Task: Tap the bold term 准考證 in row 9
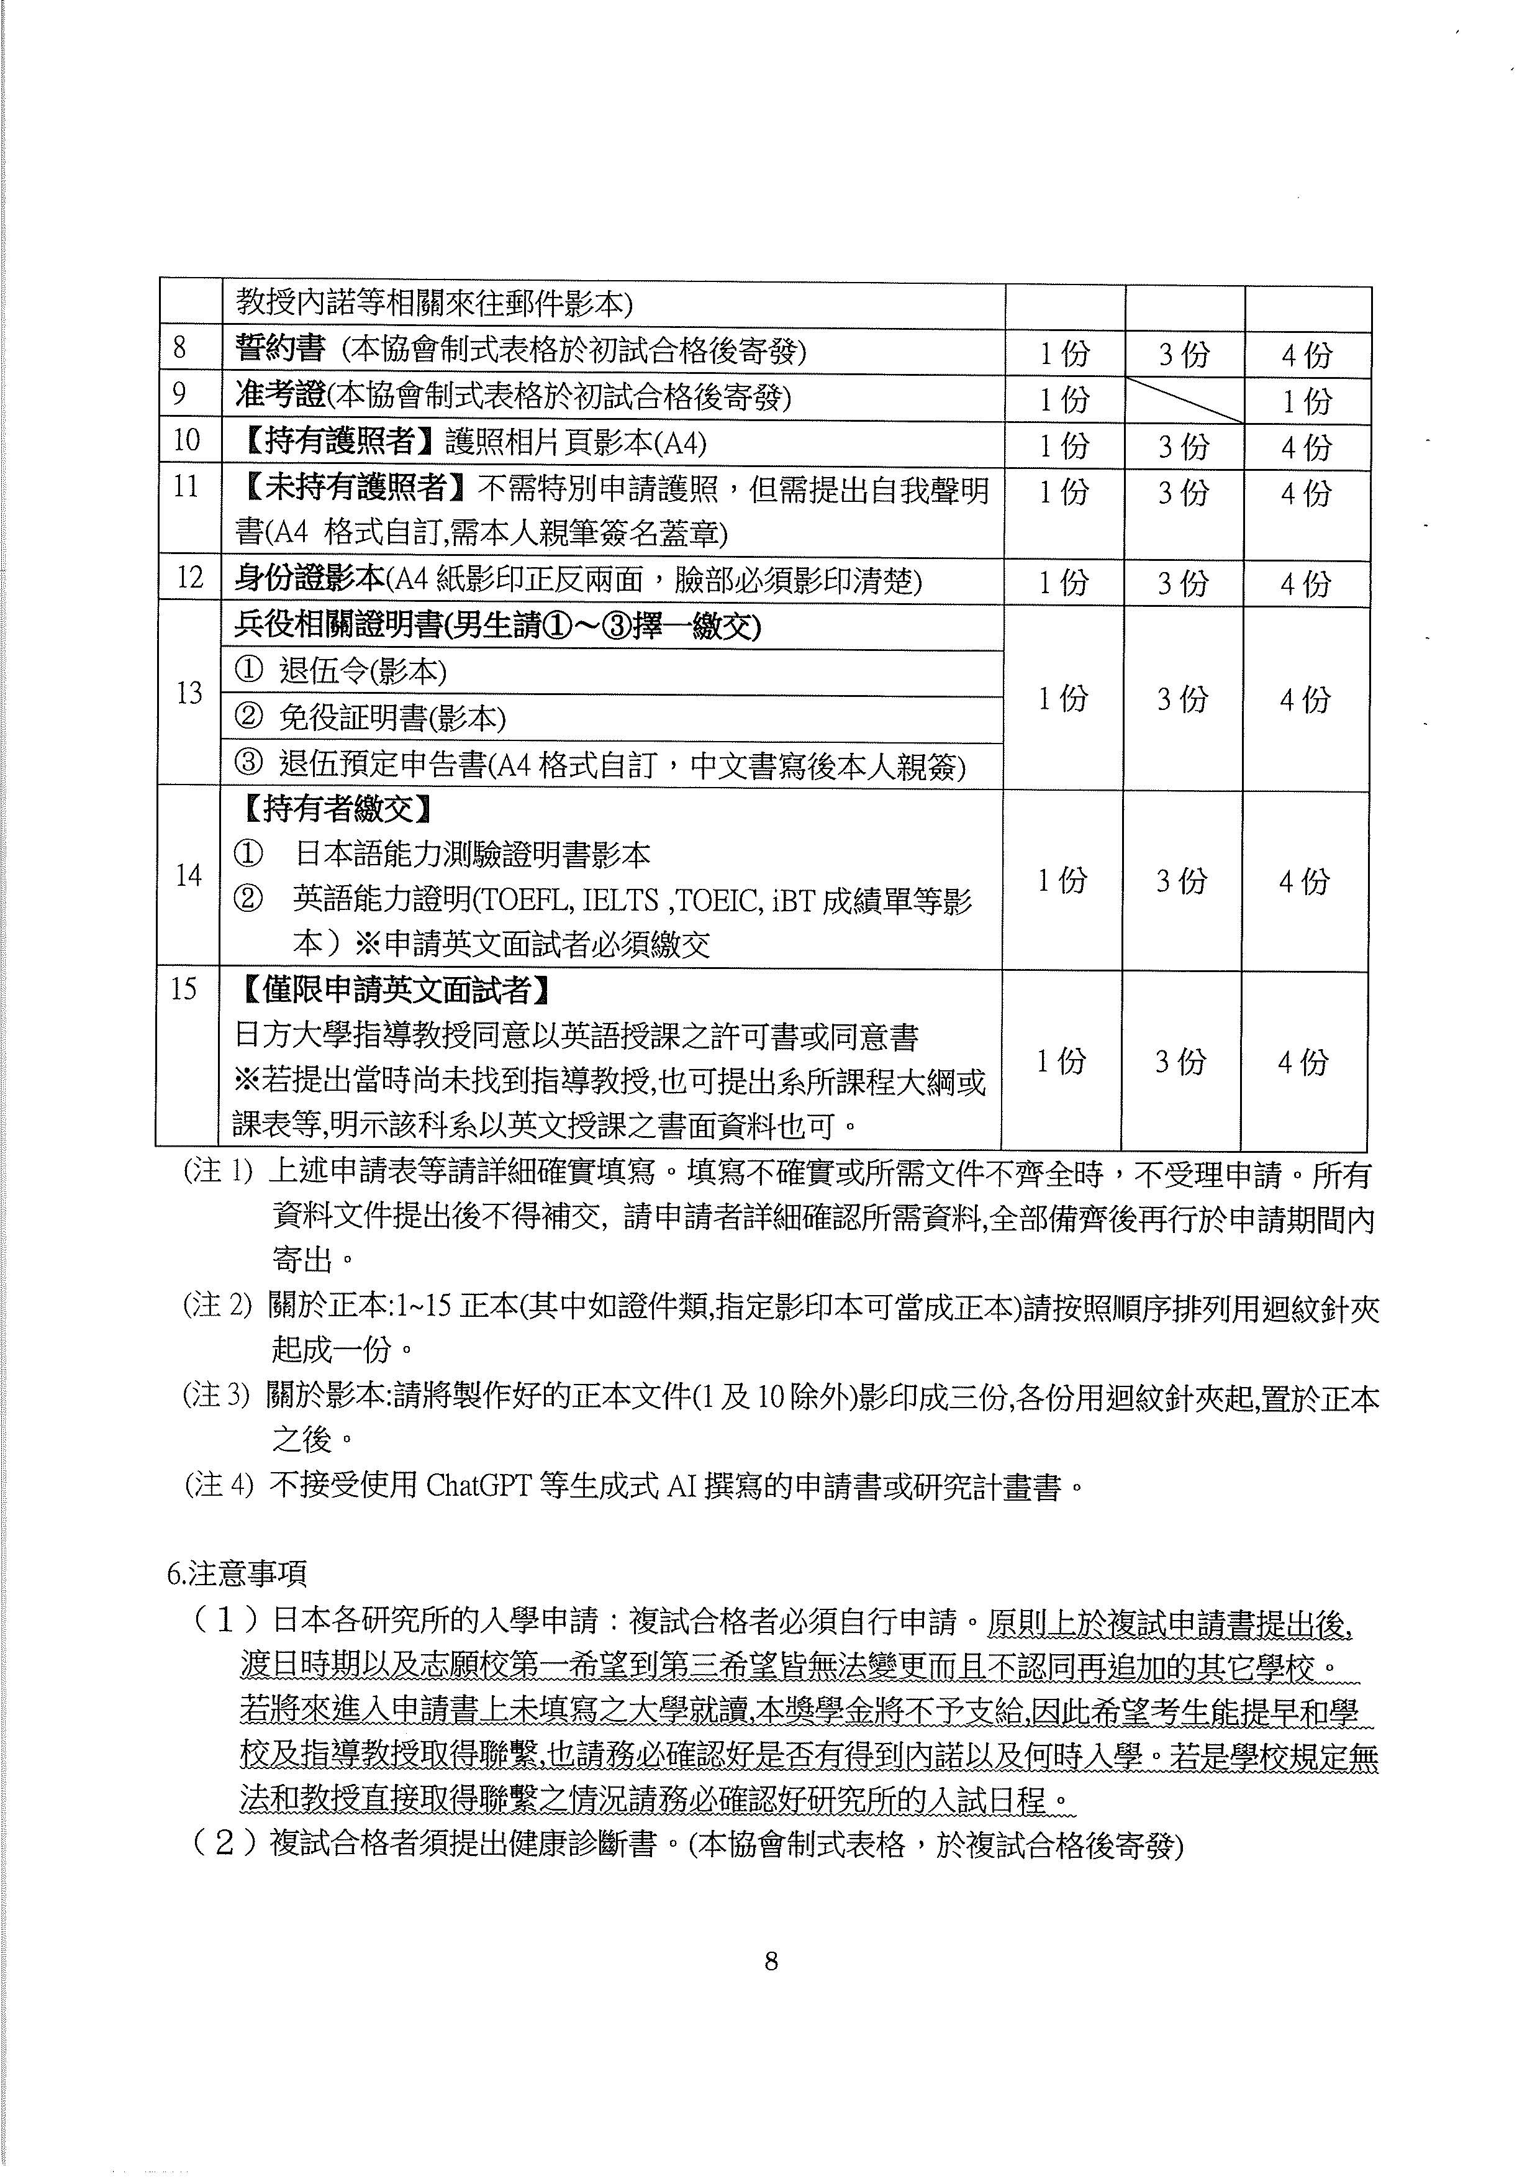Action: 280,396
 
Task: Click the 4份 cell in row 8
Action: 1306,355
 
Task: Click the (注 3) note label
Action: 217,1396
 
